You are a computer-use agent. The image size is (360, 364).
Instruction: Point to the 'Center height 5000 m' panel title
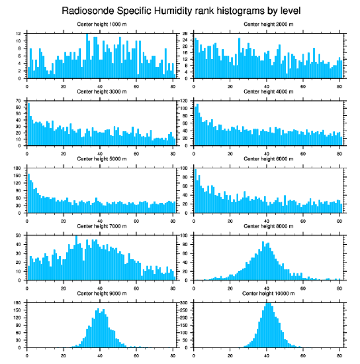pyautogui.click(x=101, y=159)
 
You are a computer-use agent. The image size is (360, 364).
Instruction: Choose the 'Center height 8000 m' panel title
pyautogui.click(x=268, y=226)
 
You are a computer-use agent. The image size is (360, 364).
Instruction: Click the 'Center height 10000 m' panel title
pyautogui.click(x=268, y=293)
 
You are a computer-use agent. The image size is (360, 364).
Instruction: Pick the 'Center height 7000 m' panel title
pyautogui.click(x=101, y=226)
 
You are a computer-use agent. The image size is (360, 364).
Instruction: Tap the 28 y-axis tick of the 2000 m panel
pyautogui.click(x=185, y=34)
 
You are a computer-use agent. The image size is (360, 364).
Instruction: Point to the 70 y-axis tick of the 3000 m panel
pyautogui.click(x=19, y=101)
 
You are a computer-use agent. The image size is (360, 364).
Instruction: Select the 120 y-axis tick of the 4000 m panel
pyautogui.click(x=184, y=101)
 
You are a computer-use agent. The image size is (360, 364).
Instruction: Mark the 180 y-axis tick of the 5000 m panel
pyautogui.click(x=17, y=168)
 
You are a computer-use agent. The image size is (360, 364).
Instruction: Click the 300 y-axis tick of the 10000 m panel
pyautogui.click(x=184, y=303)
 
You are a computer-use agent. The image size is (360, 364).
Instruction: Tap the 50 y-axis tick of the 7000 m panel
pyautogui.click(x=19, y=235)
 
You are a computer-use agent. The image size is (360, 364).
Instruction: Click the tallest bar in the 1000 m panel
pyautogui.click(x=87, y=56)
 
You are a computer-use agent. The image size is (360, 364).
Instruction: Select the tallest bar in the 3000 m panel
pyautogui.click(x=29, y=124)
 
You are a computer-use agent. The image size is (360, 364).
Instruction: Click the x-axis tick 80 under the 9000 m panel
pyautogui.click(x=172, y=354)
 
